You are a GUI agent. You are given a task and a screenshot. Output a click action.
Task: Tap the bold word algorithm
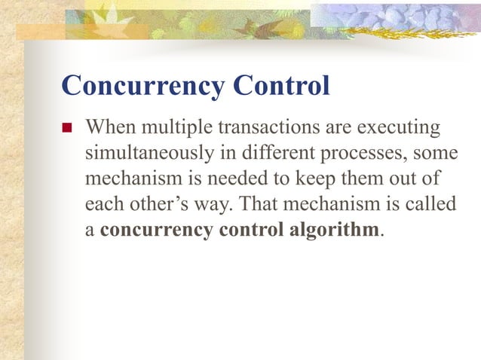tap(333, 230)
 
